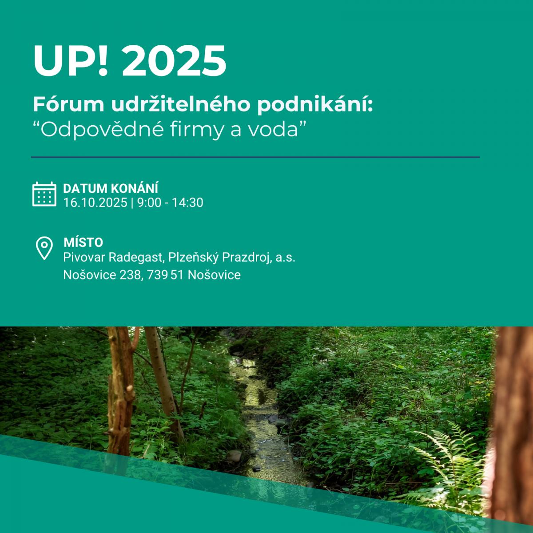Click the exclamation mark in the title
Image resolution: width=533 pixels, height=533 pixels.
point(103,60)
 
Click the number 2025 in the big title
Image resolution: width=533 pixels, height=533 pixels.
point(174,60)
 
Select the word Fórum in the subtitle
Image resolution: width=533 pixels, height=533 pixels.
point(68,104)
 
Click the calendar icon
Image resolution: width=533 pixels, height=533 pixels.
point(44,194)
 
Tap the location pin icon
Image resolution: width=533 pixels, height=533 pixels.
point(44,248)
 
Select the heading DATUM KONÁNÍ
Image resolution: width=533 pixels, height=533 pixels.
point(111,188)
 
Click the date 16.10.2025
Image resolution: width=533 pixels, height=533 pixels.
point(95,203)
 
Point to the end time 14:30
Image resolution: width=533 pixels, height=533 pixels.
point(188,203)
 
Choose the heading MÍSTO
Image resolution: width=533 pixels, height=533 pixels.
point(83,243)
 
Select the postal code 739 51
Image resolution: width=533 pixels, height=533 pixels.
point(165,275)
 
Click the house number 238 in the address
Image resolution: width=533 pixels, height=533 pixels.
point(130,275)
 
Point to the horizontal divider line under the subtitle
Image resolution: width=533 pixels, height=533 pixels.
point(255,157)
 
